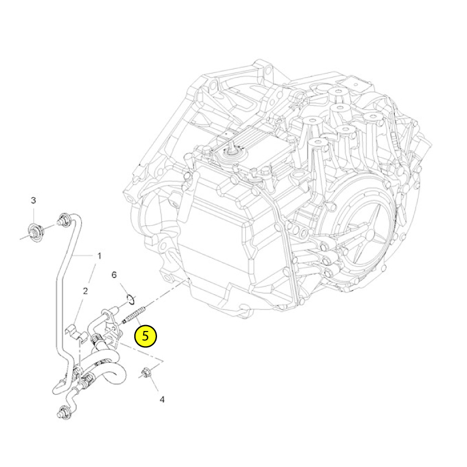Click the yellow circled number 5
tap(145, 336)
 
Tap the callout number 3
tap(33, 200)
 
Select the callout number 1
tap(99, 256)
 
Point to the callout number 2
tap(85, 291)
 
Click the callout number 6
tap(114, 274)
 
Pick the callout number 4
tap(162, 399)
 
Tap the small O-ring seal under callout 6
tap(130, 299)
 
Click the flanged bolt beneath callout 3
tap(36, 231)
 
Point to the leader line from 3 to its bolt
tap(33, 215)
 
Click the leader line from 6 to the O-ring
tap(124, 288)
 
